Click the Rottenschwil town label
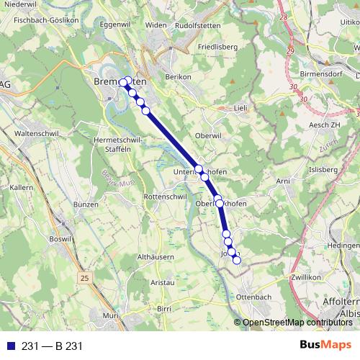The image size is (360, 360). (x=166, y=197)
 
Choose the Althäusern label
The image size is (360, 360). (x=157, y=256)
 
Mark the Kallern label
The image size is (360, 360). (x=26, y=187)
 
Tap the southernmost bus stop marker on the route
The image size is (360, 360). (x=236, y=260)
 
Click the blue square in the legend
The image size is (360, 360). (x=12, y=346)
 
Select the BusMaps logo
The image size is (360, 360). (x=325, y=345)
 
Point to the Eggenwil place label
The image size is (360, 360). (x=119, y=24)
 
